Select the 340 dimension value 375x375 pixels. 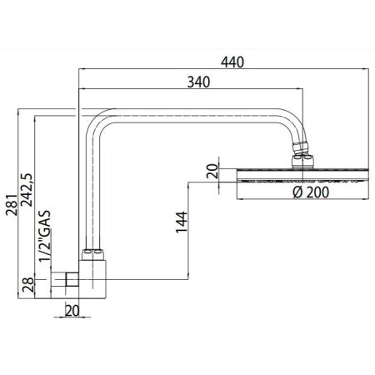pos(197,82)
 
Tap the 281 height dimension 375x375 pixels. pos(9,197)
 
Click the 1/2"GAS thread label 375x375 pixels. pos(47,237)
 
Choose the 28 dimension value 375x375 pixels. pos(27,288)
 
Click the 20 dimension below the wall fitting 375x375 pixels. pos(72,310)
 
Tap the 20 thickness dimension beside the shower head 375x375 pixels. pos(212,172)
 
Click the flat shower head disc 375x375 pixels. pos(301,176)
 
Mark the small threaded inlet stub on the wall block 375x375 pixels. pos(66,281)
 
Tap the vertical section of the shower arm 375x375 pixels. pos(91,192)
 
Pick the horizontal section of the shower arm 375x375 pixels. pos(192,115)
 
